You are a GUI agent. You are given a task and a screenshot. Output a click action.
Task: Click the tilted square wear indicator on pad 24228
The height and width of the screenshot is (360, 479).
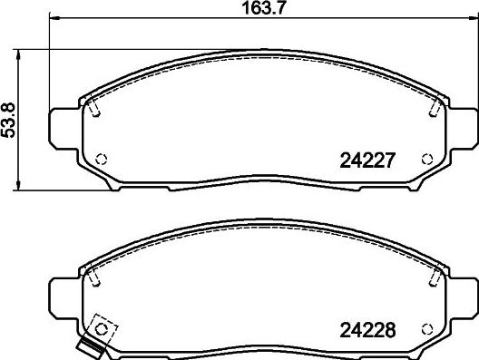[102, 326]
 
